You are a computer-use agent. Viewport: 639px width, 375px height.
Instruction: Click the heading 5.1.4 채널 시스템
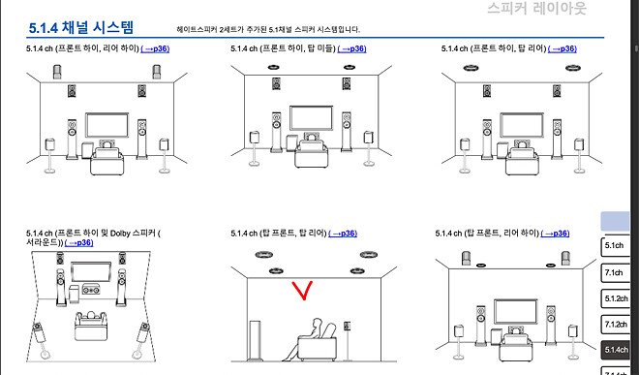pos(88,27)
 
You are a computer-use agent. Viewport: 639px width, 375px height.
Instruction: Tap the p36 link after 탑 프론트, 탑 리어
pos(343,234)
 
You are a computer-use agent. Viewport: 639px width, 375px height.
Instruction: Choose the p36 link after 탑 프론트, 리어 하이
pos(553,234)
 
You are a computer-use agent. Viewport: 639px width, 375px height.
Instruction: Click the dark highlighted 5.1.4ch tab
pos(616,349)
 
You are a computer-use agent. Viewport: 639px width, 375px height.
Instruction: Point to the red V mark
pos(303,290)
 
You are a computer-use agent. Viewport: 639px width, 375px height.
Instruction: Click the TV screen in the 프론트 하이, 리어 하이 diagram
pos(107,125)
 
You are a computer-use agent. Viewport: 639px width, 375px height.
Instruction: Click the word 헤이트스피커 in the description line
pos(206,30)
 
